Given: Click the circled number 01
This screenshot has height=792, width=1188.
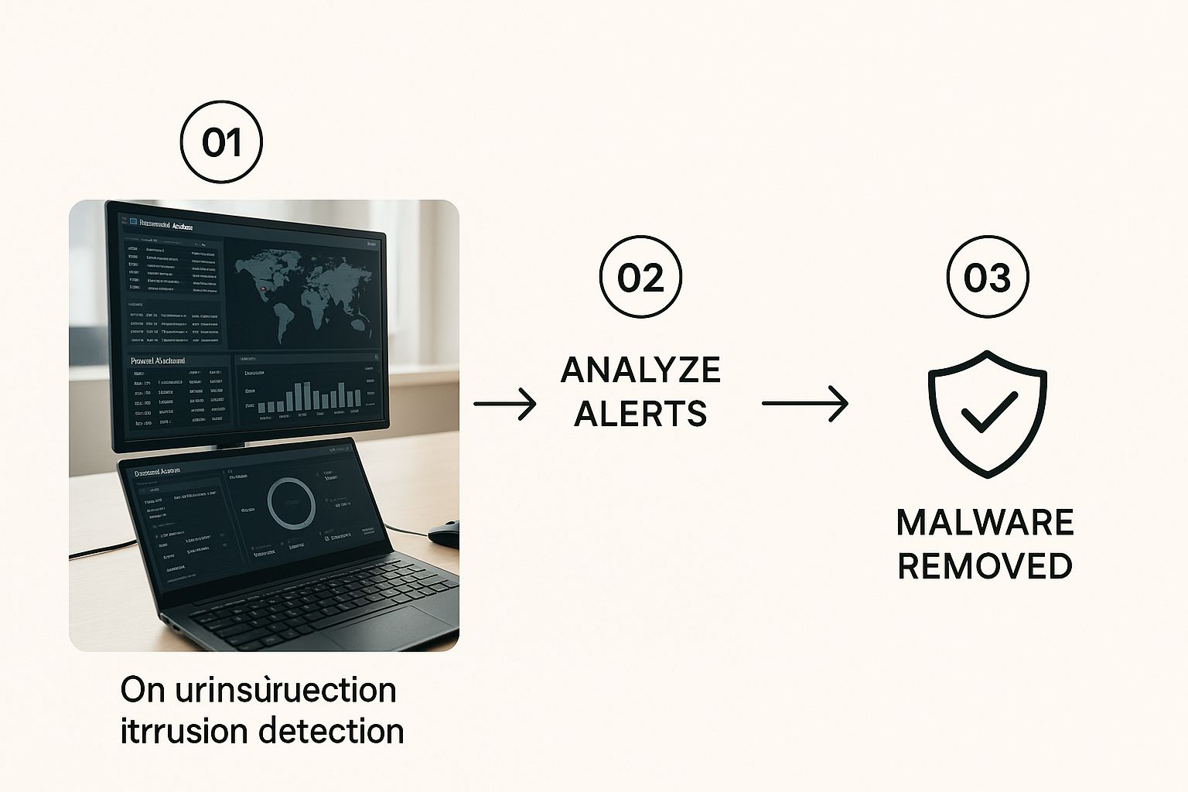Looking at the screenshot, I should pyautogui.click(x=221, y=143).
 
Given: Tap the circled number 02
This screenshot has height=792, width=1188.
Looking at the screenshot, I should pyautogui.click(x=641, y=277).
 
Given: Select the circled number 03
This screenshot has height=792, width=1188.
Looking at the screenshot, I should pyautogui.click(x=988, y=277).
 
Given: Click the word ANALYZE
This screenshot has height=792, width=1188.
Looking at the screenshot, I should pyautogui.click(x=640, y=370).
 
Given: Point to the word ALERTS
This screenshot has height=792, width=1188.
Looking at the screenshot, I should pyautogui.click(x=640, y=414).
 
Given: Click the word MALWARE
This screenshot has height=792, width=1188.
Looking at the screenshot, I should pyautogui.click(x=985, y=523).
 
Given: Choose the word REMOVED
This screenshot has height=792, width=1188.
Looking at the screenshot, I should pyautogui.click(x=985, y=566).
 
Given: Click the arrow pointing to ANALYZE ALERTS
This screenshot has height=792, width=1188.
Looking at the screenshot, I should pyautogui.click(x=504, y=404).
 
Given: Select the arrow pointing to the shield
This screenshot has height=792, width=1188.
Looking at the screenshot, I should pyautogui.click(x=804, y=404).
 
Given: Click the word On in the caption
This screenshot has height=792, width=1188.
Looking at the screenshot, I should pyautogui.click(x=143, y=690).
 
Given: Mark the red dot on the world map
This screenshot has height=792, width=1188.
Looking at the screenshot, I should pyautogui.click(x=265, y=290).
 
